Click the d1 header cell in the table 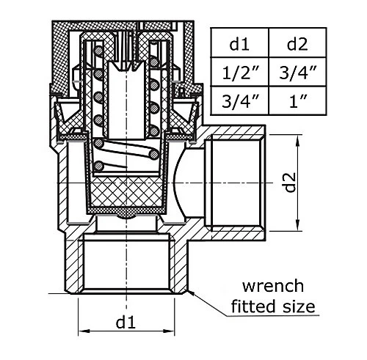(x=239, y=43)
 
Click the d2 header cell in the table (x=297, y=43)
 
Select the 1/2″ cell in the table (x=239, y=72)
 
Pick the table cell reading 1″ (x=297, y=100)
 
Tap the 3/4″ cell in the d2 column (x=297, y=72)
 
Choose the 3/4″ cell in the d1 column (x=239, y=100)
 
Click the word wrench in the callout (x=273, y=286)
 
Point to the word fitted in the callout (x=253, y=306)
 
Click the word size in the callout (x=299, y=306)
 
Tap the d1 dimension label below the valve (x=126, y=323)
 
